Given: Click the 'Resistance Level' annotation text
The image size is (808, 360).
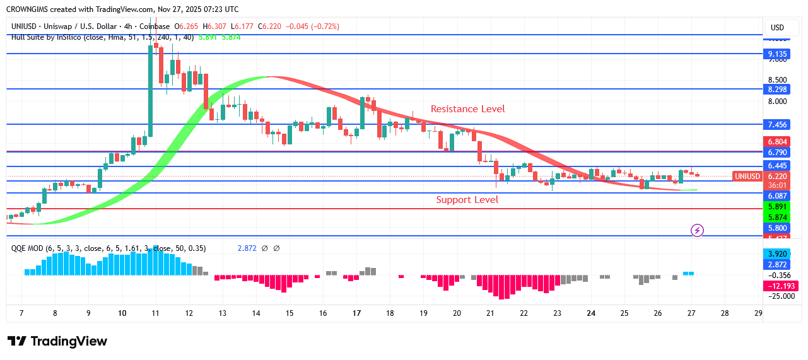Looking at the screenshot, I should (467, 109).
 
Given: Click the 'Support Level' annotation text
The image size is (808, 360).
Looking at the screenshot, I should (467, 200).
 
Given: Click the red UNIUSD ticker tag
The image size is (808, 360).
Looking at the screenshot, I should (747, 177).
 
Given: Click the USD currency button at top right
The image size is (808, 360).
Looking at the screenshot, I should (777, 27).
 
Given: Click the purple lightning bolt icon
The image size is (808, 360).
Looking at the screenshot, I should (697, 230).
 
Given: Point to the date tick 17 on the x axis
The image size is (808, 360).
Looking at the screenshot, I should (356, 313).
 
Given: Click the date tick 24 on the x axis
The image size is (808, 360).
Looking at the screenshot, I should (591, 313).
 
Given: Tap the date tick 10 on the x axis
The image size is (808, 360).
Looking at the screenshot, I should (122, 313).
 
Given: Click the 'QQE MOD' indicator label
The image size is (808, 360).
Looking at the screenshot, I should (28, 248).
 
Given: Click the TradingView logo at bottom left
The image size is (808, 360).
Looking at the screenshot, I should (57, 341).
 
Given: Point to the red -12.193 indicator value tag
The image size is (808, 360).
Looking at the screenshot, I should (780, 286).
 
